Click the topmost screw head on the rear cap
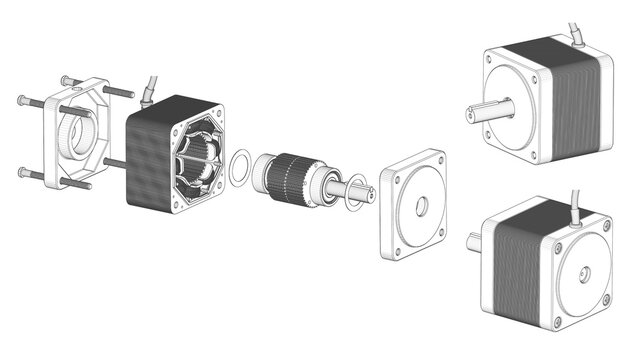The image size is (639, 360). point(67,79)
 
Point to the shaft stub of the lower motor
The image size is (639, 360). point(473,240)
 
